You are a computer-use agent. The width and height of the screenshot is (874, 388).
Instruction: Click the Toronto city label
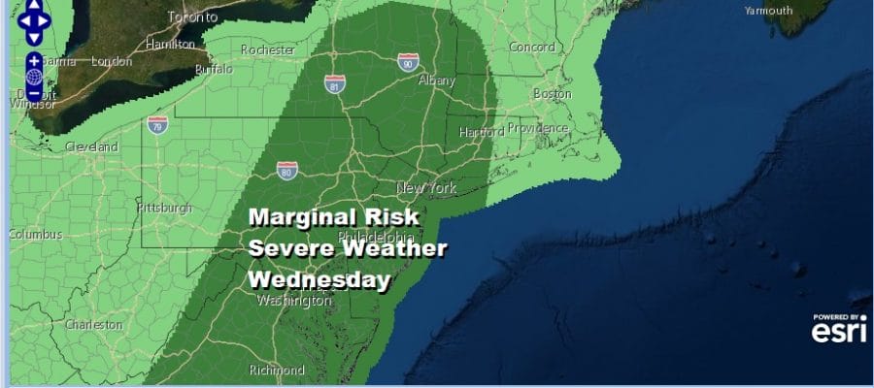(190, 17)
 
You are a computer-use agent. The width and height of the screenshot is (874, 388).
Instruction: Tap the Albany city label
(436, 81)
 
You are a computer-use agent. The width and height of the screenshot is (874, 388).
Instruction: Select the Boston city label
(552, 94)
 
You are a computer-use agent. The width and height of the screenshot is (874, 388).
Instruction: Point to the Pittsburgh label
(164, 208)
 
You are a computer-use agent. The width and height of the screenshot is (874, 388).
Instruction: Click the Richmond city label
(278, 370)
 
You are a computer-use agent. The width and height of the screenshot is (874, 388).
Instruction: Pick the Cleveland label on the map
(91, 146)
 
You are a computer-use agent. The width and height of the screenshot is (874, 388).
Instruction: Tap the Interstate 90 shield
(409, 62)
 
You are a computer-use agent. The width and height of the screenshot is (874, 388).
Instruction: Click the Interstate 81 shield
(335, 82)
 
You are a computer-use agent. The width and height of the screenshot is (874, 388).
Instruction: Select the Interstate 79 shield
(157, 123)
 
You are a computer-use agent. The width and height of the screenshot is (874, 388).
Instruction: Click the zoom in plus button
(34, 60)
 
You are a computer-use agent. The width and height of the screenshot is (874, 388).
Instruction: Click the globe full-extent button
(34, 77)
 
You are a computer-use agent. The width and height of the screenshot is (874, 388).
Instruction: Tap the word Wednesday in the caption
(319, 280)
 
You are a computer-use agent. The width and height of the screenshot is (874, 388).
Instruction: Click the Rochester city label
(267, 49)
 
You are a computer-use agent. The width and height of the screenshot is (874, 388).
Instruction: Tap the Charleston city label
(94, 325)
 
